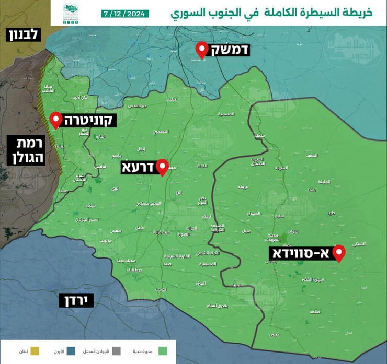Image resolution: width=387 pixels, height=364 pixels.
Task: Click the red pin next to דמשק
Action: (202, 50)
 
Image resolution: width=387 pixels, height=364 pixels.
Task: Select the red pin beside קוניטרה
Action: (55, 121)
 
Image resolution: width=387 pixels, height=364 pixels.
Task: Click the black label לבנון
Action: (22, 36)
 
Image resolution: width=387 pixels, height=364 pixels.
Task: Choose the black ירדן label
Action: (76, 300)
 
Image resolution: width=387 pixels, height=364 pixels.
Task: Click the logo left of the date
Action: (72, 12)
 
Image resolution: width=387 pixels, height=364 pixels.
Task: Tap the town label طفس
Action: (115, 230)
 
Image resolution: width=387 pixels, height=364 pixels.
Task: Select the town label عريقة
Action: (243, 186)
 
